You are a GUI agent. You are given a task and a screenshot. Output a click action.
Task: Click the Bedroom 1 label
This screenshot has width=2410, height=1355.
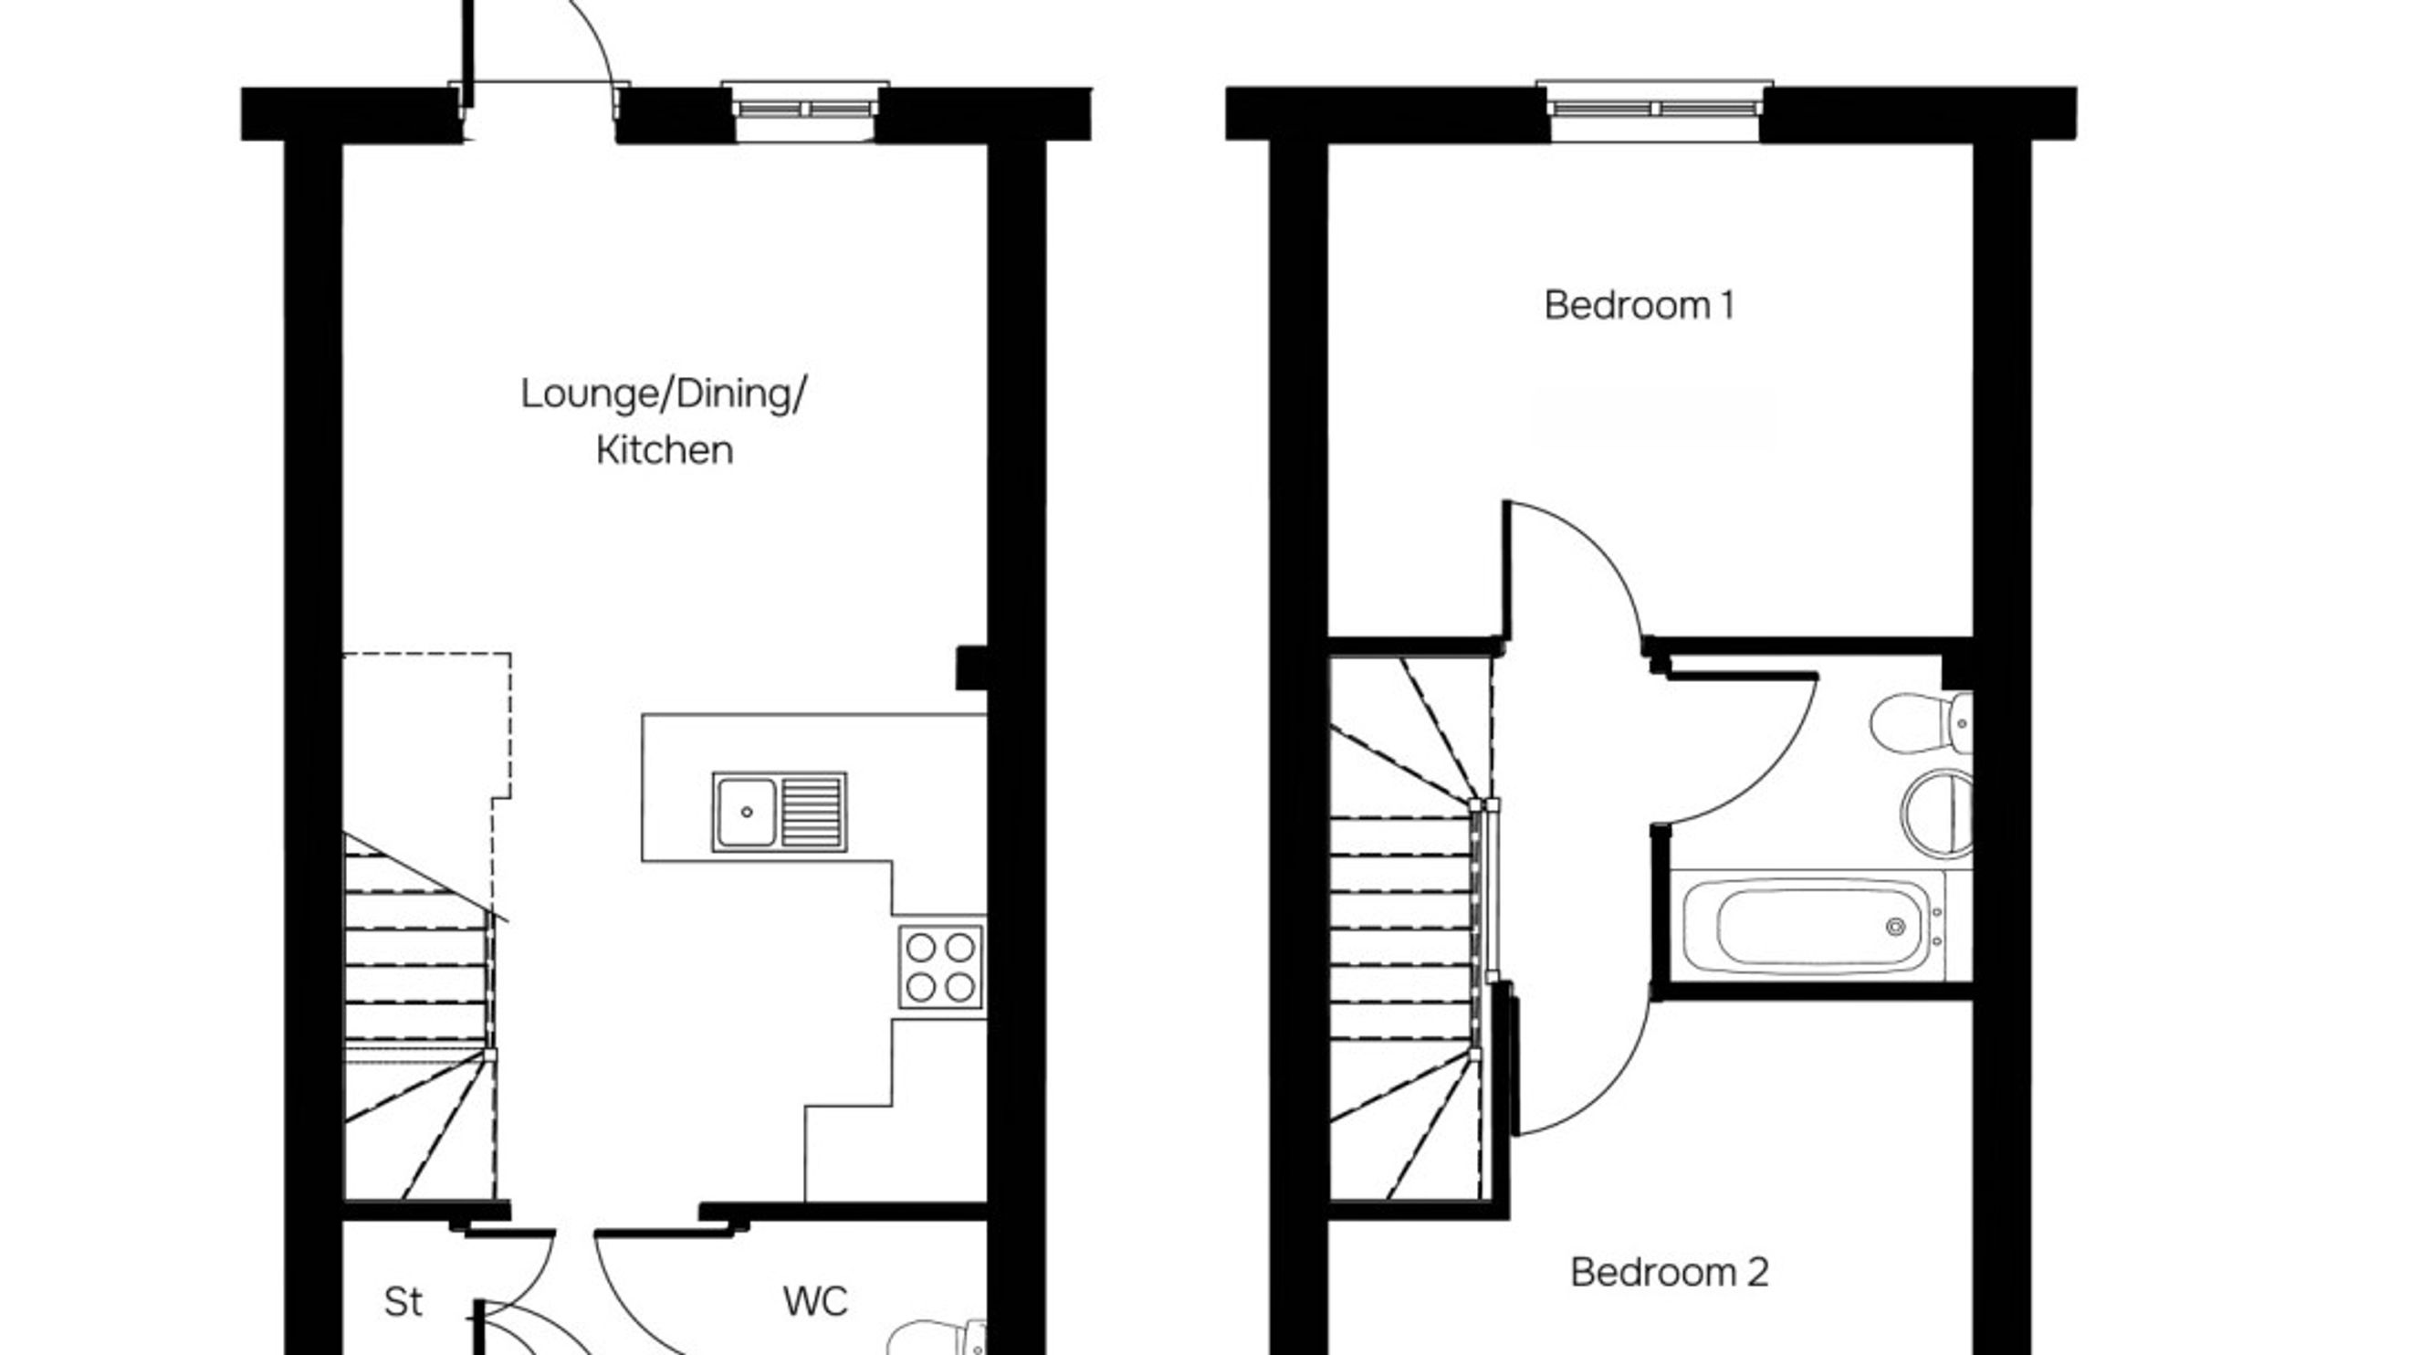1640,306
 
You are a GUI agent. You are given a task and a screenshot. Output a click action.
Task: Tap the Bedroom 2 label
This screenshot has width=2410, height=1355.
1669,1273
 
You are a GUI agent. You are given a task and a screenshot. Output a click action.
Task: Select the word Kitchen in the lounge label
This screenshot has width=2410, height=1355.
665,451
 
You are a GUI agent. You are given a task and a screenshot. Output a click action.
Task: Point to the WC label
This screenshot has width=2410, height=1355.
815,1302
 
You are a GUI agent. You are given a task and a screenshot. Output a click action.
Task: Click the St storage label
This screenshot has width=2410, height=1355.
403,1302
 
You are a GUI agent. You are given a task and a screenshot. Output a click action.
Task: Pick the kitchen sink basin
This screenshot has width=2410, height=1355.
746,812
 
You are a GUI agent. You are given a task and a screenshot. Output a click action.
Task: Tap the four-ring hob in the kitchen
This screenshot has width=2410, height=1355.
940,968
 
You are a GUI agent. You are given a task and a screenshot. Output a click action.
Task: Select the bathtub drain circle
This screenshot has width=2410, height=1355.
1895,928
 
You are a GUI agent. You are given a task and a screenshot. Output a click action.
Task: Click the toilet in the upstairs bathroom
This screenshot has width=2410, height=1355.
1918,722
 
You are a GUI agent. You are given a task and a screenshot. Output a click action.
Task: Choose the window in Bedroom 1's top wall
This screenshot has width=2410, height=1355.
1654,110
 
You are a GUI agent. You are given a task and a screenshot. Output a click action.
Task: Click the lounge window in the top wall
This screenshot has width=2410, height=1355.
804,110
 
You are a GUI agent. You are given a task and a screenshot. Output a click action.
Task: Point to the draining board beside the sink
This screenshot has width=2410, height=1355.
812,812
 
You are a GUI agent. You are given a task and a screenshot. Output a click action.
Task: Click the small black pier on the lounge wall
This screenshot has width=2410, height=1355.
971,668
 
